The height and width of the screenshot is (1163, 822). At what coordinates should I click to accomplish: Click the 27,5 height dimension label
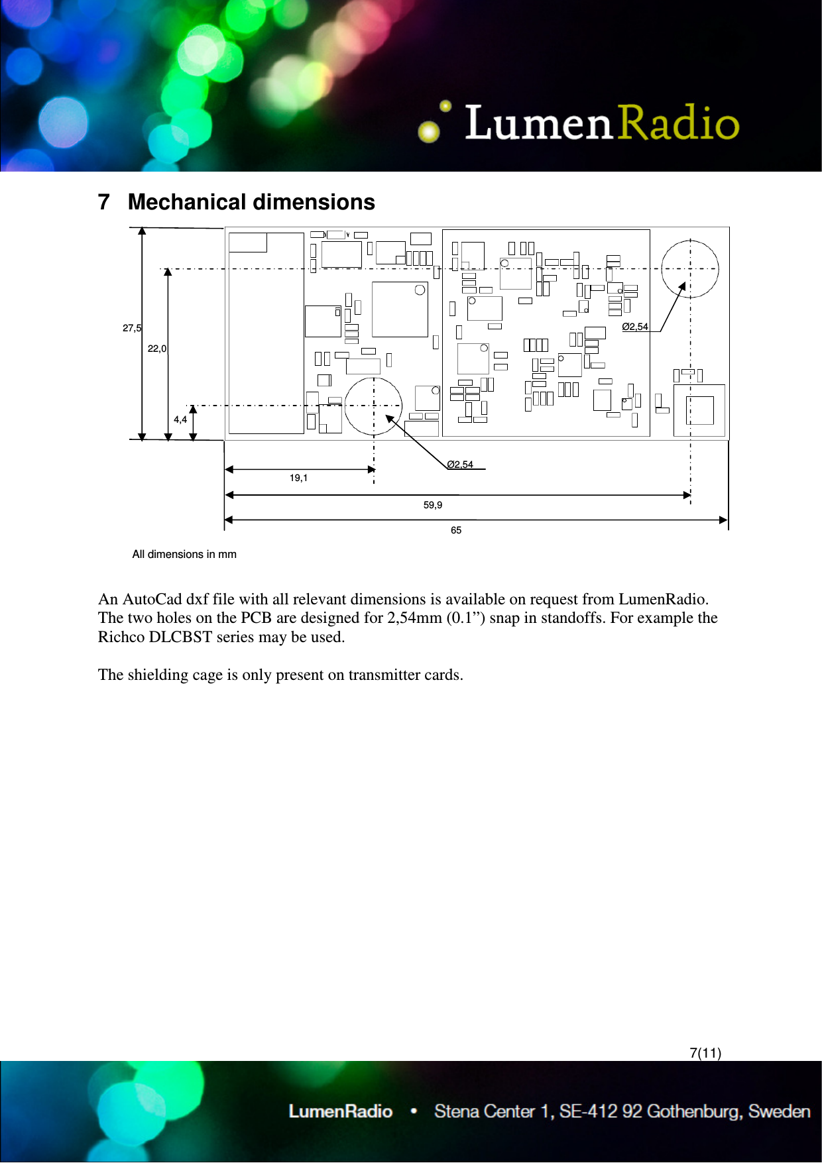pos(132,328)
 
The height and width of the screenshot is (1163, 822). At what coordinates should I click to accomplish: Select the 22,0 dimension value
pos(157,349)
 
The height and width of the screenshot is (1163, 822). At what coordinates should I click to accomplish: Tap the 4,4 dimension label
pos(180,419)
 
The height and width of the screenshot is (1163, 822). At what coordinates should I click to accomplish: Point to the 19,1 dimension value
pos(298,478)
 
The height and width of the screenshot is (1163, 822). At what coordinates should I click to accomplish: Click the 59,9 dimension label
pos(433,505)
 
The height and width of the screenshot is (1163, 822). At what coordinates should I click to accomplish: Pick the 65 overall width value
pos(456,530)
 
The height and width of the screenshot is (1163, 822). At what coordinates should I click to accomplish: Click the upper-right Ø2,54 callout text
pos(635,327)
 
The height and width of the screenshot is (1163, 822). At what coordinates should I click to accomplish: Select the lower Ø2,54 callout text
pos(460,465)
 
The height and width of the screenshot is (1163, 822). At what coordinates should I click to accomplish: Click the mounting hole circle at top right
pos(690,268)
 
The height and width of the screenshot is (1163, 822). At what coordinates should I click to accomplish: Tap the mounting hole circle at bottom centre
pos(374,406)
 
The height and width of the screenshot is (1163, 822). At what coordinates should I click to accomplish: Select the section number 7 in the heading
pos(103,202)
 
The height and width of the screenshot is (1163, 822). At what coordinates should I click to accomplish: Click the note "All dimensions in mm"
pos(184,555)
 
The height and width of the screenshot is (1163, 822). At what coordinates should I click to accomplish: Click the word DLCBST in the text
pos(180,637)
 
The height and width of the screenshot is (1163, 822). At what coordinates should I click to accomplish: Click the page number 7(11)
pos(705,1053)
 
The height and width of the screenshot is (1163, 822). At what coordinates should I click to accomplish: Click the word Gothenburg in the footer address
pos(695,1111)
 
